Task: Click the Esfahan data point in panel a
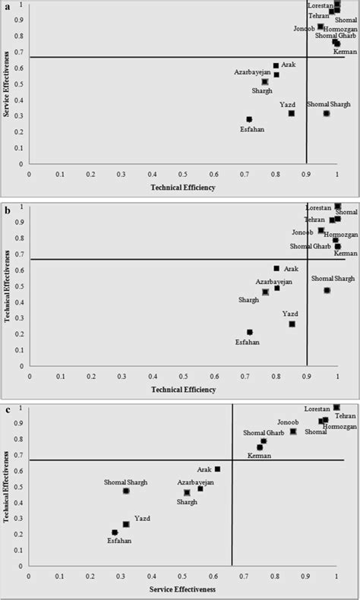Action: pos(249,119)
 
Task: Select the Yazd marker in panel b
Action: pos(292,324)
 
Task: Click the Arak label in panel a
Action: pos(289,65)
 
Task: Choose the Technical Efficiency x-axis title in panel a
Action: pos(183,186)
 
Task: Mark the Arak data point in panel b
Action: pos(276,268)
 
